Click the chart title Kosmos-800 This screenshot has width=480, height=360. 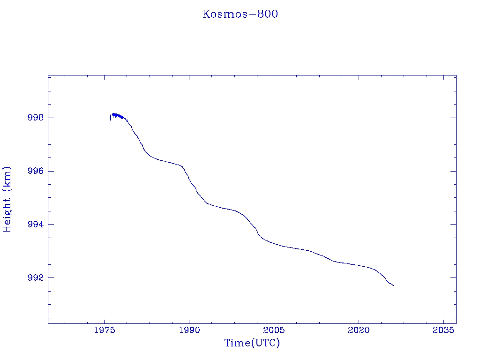240,14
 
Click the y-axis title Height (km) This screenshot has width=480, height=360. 7,199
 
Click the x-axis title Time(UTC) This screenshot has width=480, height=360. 252,343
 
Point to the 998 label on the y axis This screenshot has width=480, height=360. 36,118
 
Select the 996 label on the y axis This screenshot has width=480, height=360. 36,171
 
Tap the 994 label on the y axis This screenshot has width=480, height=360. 36,225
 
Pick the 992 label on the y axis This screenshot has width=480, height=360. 36,278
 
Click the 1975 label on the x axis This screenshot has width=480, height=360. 105,330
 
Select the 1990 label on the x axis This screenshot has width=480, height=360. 189,330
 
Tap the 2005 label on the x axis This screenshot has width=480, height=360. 274,330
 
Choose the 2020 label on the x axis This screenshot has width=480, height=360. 359,330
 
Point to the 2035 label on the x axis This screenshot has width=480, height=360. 443,330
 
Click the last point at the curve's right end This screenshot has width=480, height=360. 394,285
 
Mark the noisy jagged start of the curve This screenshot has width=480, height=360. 117,115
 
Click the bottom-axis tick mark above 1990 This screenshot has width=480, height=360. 189,321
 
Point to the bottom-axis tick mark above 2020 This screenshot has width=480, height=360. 359,321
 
